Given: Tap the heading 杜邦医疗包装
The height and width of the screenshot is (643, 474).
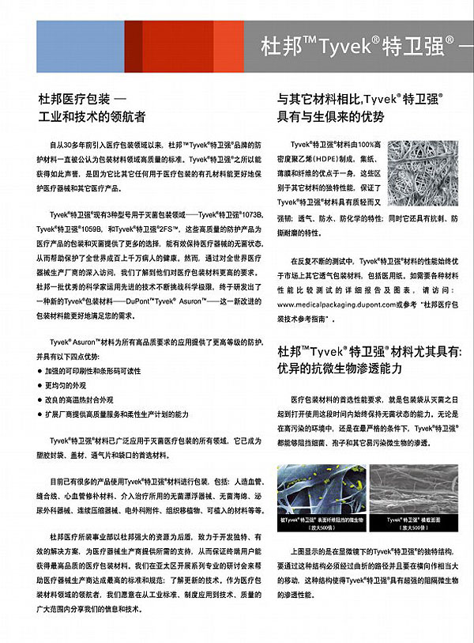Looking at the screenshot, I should tap(70, 100).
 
